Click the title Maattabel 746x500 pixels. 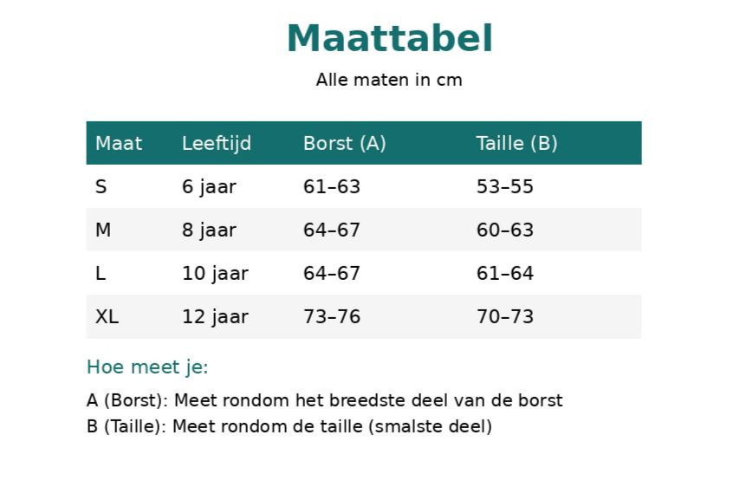[390, 38]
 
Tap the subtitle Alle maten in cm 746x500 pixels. [389, 80]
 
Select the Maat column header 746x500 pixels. [119, 143]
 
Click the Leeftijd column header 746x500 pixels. [217, 143]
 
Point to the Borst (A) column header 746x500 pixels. [345, 143]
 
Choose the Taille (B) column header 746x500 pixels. [516, 143]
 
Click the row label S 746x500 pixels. [101, 186]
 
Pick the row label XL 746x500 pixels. [107, 316]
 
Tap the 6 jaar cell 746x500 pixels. [209, 187]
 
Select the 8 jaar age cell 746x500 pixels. [209, 231]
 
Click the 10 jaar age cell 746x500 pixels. [215, 274]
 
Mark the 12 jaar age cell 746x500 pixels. [215, 317]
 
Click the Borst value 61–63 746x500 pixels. [332, 186]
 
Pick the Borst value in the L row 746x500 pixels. [332, 273]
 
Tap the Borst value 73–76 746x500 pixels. [332, 316]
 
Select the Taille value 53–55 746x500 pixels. [505, 186]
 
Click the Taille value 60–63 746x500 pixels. [505, 230]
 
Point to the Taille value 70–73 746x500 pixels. [505, 316]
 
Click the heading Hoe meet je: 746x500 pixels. [147, 367]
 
